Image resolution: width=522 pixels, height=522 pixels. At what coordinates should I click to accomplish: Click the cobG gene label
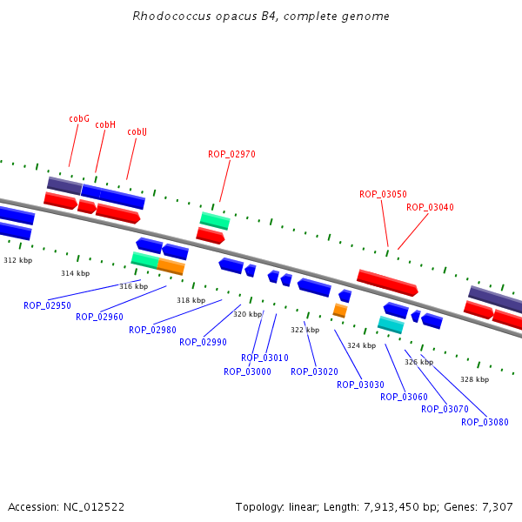(x=79, y=118)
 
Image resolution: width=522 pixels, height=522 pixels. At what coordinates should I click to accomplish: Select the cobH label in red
(x=105, y=124)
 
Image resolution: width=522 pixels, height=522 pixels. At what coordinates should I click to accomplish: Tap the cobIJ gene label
(x=137, y=132)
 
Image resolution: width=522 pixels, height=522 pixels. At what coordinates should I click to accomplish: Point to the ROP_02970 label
(x=231, y=154)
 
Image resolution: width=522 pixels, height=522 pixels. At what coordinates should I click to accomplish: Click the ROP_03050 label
(x=383, y=194)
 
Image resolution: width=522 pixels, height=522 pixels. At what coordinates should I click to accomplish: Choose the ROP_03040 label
(x=430, y=207)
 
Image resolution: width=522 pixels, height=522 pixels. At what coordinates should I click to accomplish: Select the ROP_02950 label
(x=47, y=305)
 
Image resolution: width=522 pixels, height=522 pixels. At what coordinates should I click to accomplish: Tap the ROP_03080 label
(x=485, y=422)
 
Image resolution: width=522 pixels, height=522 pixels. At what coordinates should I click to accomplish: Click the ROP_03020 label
(x=314, y=371)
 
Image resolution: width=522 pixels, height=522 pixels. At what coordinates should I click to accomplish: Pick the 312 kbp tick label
(x=18, y=260)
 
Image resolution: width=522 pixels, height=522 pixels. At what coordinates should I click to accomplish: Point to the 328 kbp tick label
(x=475, y=379)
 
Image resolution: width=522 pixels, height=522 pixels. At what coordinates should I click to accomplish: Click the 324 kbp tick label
(x=362, y=345)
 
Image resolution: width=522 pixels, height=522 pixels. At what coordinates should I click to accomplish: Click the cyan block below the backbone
(x=391, y=325)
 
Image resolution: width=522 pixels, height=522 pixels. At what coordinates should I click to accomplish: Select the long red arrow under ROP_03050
(x=387, y=283)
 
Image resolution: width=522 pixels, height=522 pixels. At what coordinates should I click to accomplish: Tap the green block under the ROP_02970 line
(x=215, y=220)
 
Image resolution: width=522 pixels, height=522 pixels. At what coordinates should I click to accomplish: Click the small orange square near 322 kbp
(x=340, y=311)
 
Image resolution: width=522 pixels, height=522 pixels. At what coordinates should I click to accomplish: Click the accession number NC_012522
(x=94, y=507)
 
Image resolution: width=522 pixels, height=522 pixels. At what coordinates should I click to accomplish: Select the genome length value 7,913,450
(x=391, y=507)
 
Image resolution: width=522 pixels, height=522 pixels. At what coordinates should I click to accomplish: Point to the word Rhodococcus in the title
(x=171, y=16)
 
